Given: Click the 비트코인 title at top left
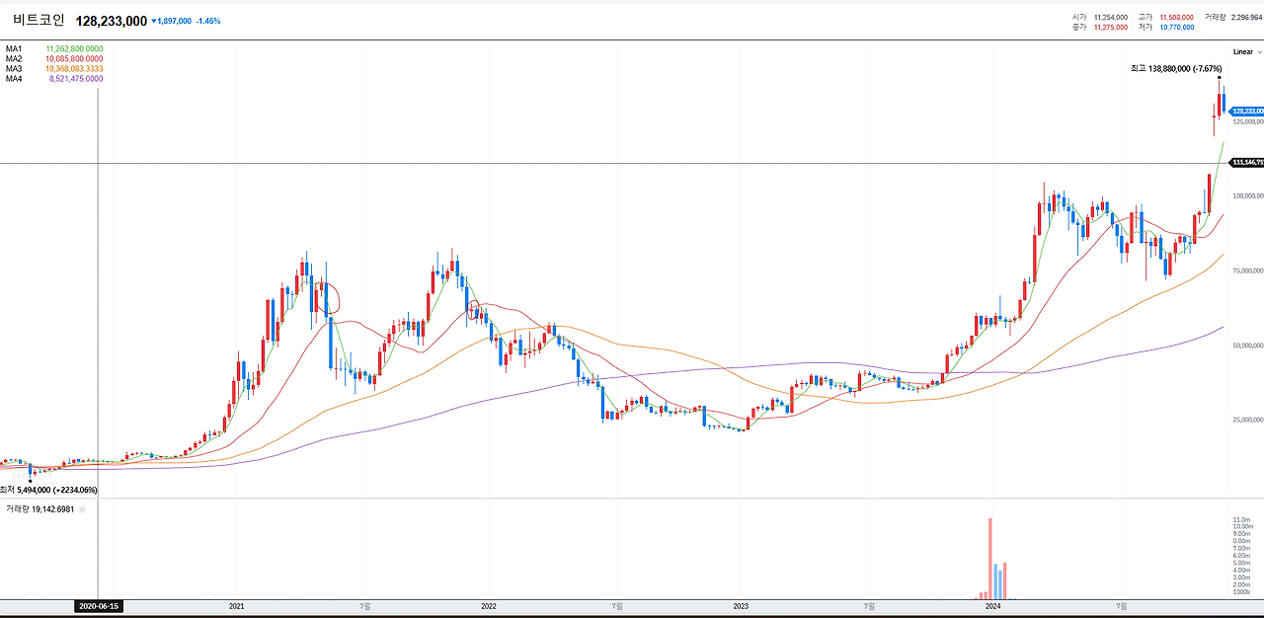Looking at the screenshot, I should pos(39,20).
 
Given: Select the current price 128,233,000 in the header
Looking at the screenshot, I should pos(111,21).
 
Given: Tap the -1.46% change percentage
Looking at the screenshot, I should pos(208,21).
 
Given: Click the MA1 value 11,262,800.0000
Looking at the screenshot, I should pos(74,48).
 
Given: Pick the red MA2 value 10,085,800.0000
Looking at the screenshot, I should pos(74,58).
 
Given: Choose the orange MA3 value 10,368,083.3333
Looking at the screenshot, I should pos(74,68).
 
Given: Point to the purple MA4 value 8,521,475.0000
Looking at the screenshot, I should pos(76,78).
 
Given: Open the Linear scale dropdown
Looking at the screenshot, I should pos(1246,51).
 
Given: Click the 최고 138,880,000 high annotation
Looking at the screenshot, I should pos(1176,68).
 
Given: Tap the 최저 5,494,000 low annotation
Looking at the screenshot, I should pos(49,490).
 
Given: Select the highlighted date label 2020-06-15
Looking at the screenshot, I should pos(99,606).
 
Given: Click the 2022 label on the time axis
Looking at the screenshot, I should pos(489,605).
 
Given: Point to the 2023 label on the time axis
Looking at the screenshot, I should pos(741,605).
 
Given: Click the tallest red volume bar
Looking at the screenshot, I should pos(989,558).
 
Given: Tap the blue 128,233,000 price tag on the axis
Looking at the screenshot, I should pos(1247,112).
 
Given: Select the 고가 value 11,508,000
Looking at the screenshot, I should pos(1176,17).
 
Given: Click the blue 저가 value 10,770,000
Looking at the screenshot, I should pos(1176,28).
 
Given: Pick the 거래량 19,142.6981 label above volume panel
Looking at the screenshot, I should pos(41,509).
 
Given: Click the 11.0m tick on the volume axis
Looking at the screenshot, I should pos(1242,519).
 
